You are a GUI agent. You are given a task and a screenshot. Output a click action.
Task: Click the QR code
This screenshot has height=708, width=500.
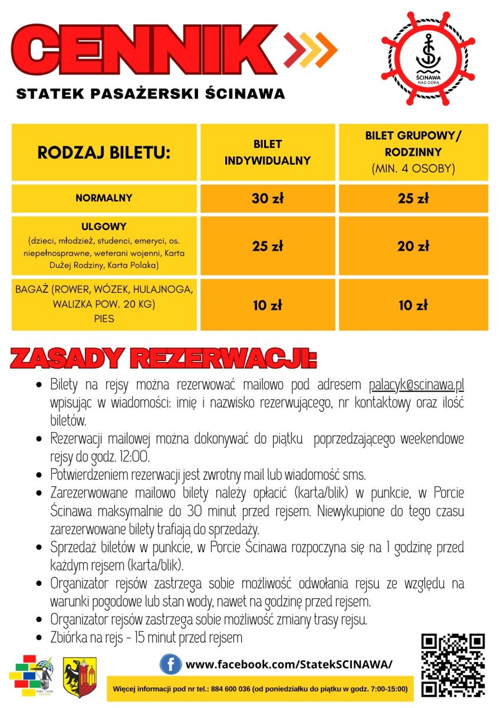click(x=453, y=665)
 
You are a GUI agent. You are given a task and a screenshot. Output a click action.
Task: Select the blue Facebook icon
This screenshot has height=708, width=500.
click(x=170, y=665)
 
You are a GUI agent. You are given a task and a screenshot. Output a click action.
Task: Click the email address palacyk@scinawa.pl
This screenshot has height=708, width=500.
click(x=417, y=385)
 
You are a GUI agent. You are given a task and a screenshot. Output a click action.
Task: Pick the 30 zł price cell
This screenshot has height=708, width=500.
click(x=268, y=199)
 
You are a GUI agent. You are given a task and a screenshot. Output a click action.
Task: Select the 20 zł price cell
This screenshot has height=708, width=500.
click(x=413, y=247)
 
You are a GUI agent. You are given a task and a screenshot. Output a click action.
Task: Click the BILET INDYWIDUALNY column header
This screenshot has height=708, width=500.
click(x=268, y=152)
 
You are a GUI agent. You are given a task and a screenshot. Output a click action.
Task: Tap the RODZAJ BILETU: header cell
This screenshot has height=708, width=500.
click(x=104, y=153)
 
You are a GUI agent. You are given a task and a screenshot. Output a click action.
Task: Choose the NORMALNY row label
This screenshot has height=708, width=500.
click(x=104, y=198)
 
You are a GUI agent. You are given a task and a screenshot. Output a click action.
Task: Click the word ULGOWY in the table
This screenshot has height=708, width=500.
click(x=104, y=227)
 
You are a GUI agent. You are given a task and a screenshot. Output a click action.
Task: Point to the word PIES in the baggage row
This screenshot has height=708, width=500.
click(x=104, y=319)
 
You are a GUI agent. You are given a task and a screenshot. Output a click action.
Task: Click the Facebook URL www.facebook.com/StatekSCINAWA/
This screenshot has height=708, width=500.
click(x=289, y=665)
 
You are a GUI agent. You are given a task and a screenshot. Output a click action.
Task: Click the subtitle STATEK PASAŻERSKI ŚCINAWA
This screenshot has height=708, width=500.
click(x=151, y=93)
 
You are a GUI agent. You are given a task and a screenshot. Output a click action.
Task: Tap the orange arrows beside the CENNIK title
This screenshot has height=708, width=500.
click(x=310, y=48)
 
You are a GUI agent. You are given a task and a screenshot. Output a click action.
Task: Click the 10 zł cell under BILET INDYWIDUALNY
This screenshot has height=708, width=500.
click(x=268, y=306)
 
